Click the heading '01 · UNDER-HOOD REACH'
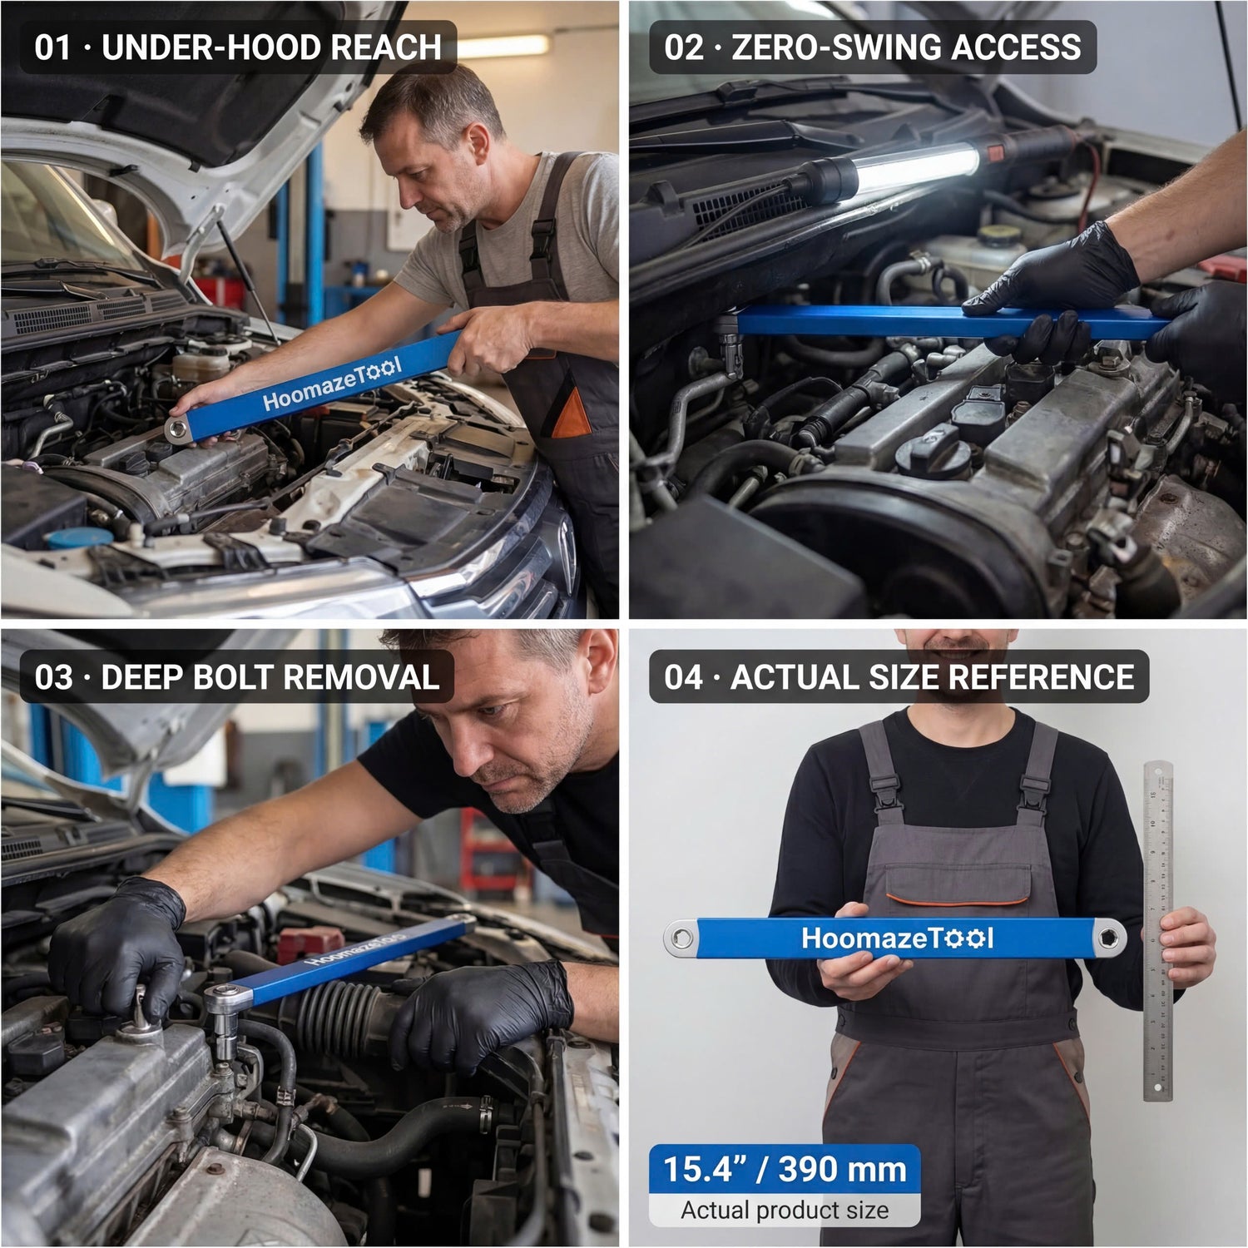tap(237, 47)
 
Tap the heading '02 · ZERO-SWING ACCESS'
tap(872, 47)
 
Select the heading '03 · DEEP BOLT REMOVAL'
tap(236, 677)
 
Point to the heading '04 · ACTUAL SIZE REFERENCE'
tap(899, 677)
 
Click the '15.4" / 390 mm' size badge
tap(785, 1170)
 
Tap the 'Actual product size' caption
tap(785, 1210)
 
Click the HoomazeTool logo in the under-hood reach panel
tap(333, 384)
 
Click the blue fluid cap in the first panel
tap(78, 537)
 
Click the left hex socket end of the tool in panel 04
tap(682, 938)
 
